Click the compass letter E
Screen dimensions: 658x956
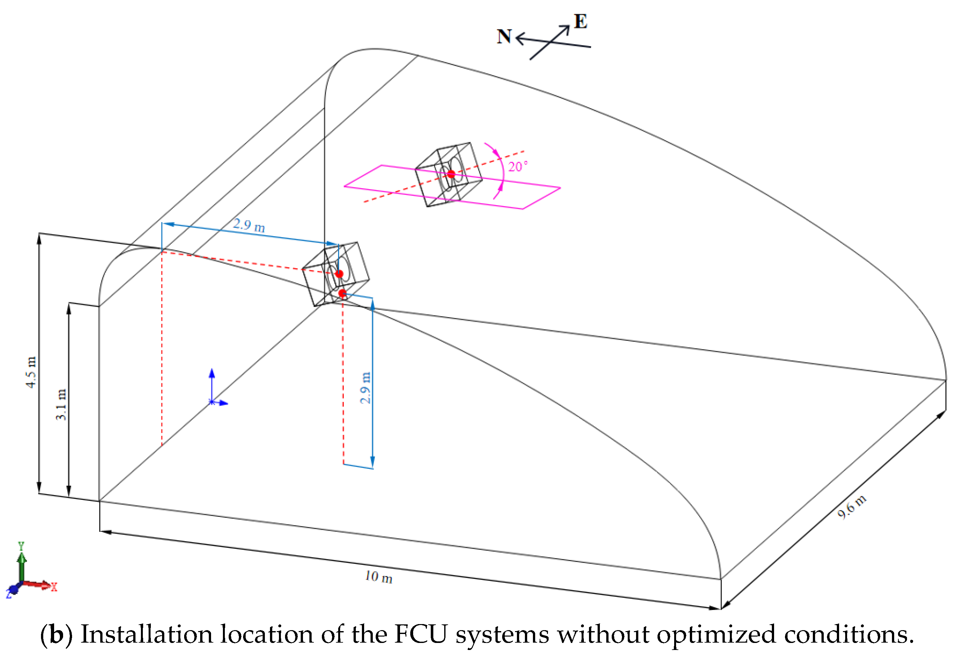(580, 21)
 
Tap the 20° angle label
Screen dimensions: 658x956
(517, 167)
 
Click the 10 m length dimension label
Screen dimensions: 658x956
(379, 577)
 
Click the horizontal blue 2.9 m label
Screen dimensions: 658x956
(249, 225)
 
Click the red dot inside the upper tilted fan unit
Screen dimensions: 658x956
(451, 174)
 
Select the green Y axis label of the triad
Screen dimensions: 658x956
(21, 546)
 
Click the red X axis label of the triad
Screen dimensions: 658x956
(54, 587)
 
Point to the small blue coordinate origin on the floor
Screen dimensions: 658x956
(212, 402)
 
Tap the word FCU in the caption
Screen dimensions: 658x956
(420, 634)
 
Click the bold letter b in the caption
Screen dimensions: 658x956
(56, 634)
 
